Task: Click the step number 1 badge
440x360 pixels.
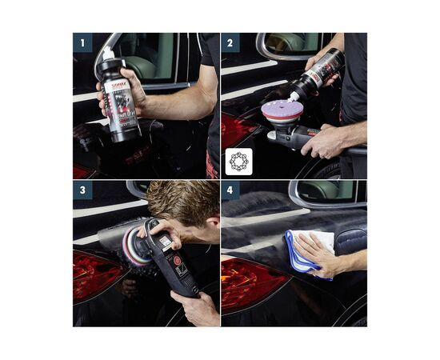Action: coord(82,42)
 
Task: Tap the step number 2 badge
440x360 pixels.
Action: coord(230,42)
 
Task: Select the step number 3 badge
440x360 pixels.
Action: coord(82,190)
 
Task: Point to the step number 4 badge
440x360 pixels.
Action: coord(230,190)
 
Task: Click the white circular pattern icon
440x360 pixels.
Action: coord(239,161)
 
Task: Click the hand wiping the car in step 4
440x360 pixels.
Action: coord(320,255)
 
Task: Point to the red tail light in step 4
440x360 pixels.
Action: coord(250,279)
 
